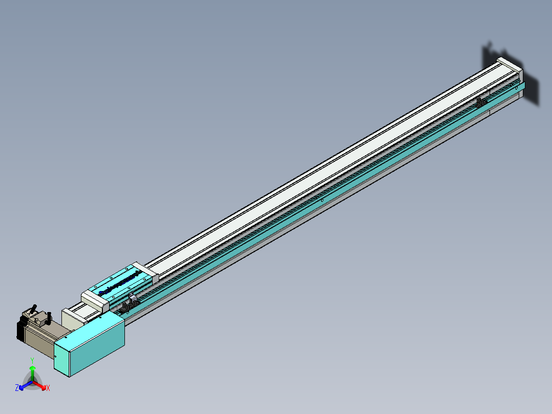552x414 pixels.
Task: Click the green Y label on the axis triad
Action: (x=32, y=361)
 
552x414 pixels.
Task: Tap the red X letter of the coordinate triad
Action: (x=48, y=388)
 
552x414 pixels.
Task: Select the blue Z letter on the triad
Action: (x=17, y=388)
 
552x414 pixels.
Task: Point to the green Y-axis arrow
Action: (x=32, y=371)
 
